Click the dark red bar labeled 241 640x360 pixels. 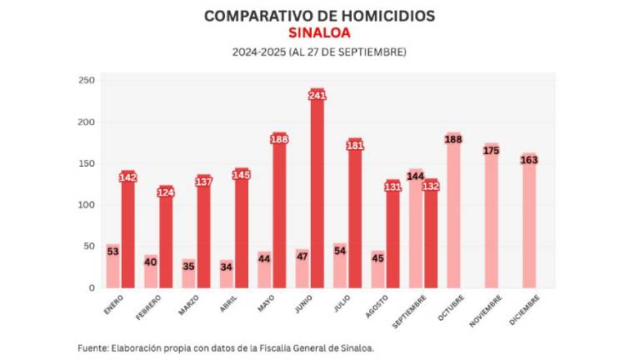pos(317,192)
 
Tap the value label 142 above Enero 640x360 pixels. pos(127,177)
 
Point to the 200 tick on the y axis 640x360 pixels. pos(86,122)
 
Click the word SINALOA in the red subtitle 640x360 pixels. pos(319,32)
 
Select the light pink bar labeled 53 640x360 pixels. pos(112,267)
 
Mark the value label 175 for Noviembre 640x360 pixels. pos(491,150)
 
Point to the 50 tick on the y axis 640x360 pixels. pos(89,246)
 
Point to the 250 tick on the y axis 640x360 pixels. pos(86,80)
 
